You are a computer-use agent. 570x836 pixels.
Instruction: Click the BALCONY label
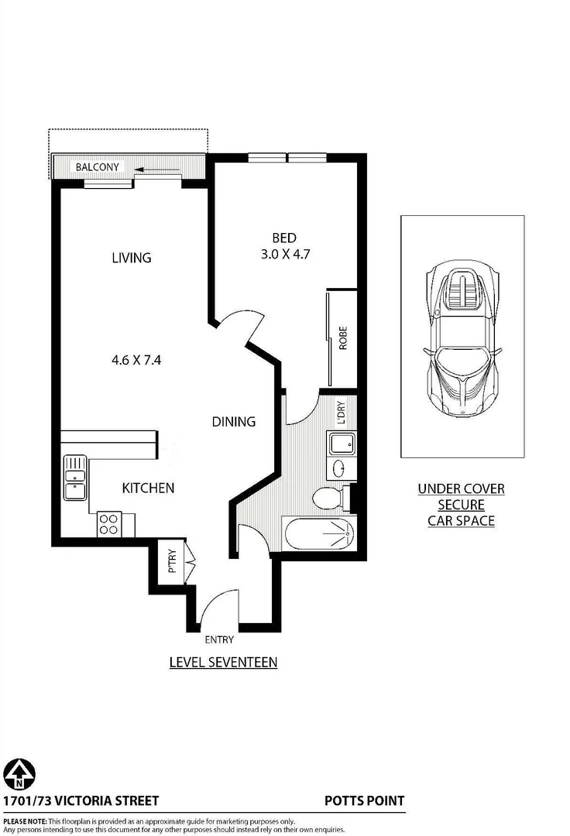97,166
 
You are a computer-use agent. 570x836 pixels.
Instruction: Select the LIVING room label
132,258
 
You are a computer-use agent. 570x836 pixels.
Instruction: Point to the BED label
284,238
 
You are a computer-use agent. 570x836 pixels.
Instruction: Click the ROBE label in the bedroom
342,339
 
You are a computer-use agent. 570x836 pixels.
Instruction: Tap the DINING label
234,422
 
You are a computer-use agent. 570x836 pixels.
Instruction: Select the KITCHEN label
148,488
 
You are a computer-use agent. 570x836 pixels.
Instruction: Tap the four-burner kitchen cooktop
108,524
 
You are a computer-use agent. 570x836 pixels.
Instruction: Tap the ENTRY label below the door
218,639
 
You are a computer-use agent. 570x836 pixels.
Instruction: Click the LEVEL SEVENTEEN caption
223,662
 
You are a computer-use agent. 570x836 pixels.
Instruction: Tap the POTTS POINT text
364,801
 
